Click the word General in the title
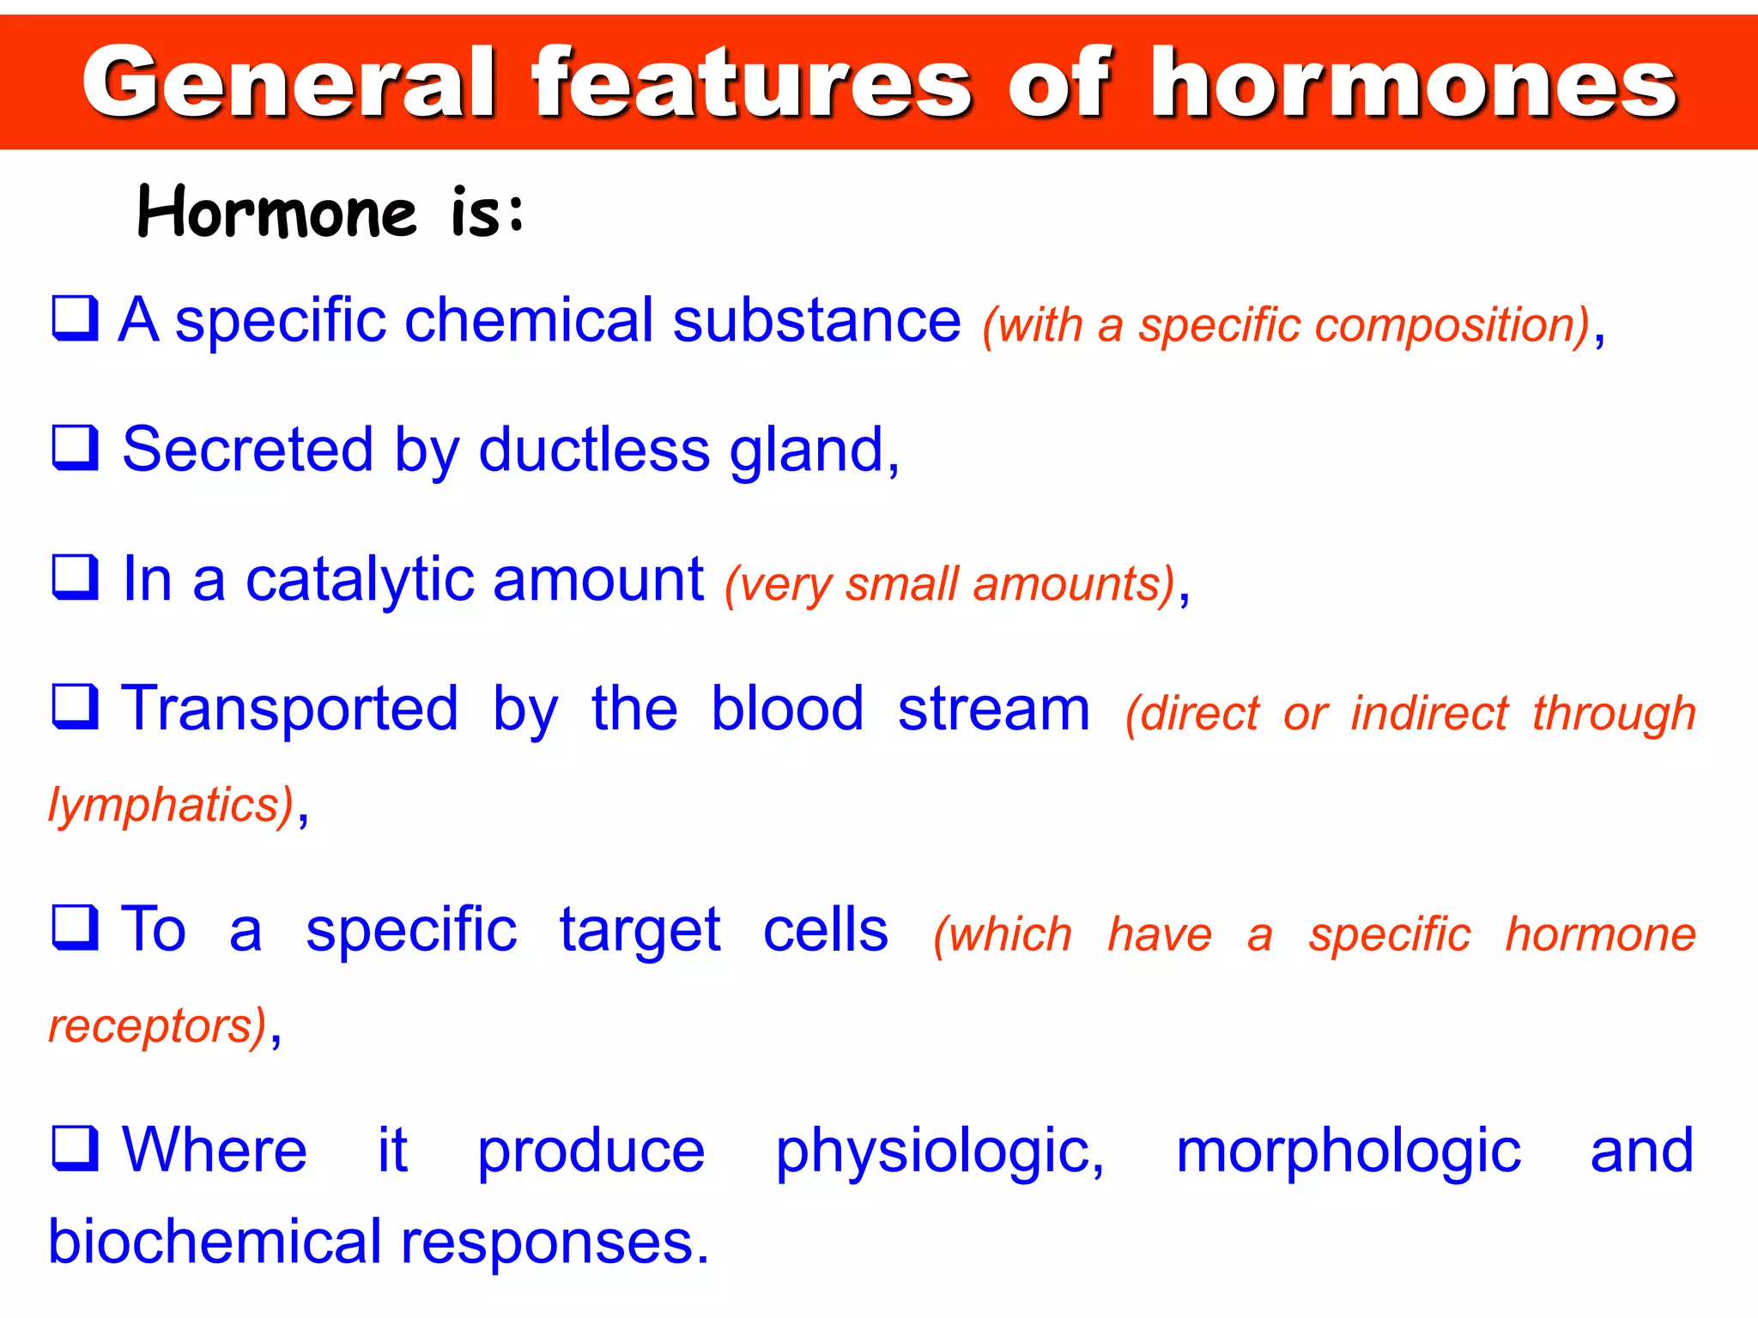point(288,83)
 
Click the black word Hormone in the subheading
point(276,212)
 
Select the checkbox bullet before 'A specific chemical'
point(76,318)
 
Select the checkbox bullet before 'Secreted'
point(76,448)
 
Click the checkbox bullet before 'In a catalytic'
point(76,577)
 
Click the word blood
point(787,709)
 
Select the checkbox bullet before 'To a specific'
point(76,928)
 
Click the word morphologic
point(1348,1152)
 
